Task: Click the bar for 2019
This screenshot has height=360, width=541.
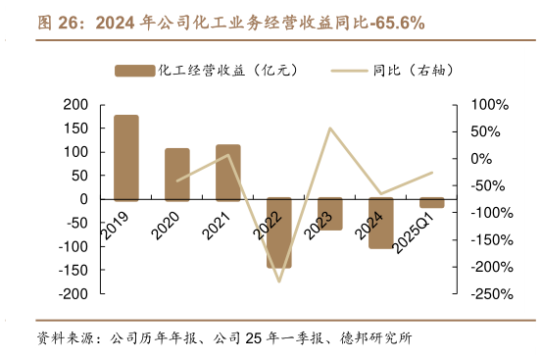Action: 126,157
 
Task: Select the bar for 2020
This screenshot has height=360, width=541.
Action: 177,174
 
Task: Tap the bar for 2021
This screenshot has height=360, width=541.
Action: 228,172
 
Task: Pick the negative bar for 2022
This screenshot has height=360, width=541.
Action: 279,232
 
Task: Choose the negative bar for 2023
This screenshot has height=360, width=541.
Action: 330,214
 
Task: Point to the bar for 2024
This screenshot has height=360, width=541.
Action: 381,223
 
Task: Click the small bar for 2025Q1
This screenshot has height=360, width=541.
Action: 432,203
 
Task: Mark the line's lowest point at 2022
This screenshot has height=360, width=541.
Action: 279,282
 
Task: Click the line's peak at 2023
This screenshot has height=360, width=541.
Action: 330,128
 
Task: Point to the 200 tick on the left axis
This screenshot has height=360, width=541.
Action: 75,105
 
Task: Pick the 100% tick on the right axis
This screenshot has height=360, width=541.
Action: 488,105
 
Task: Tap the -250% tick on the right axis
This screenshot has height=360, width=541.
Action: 488,293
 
